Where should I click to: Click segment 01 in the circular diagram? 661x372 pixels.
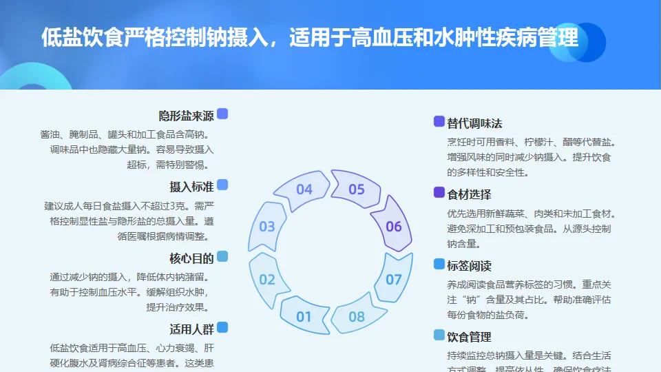pos(304,316)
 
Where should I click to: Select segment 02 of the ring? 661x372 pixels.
pos(267,279)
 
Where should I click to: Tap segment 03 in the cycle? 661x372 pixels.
pos(267,226)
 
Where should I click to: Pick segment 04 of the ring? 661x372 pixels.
pos(304,189)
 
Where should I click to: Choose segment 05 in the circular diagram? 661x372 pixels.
pos(356,189)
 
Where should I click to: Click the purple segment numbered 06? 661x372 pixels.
pos(393,226)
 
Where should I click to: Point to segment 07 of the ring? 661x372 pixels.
pos(393,279)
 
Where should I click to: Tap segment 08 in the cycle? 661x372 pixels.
pos(356,316)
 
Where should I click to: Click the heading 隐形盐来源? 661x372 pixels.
pos(186,115)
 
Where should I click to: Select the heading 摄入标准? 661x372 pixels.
pos(191,187)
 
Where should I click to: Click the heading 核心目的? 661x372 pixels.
pos(191,258)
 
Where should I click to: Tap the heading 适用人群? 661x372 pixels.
pos(191,329)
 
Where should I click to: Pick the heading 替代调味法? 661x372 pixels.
pos(474,123)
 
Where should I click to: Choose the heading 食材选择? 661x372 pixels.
pos(469,194)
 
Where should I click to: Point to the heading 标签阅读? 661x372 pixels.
pos(469,266)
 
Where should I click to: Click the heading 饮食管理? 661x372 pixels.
pos(469,337)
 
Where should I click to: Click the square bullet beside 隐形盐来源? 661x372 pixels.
pos(222,114)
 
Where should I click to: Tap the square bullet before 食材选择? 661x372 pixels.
pos(439,193)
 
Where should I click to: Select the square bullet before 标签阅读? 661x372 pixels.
pos(439,264)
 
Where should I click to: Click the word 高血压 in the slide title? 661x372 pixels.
pos(373,37)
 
